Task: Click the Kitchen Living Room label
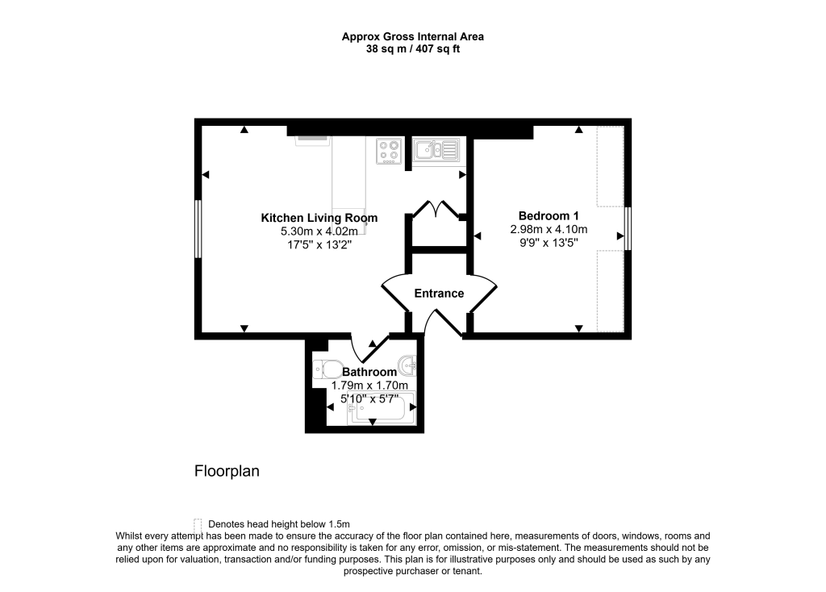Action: pyautogui.click(x=319, y=218)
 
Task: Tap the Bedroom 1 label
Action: pyautogui.click(x=549, y=215)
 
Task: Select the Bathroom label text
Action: pyautogui.click(x=369, y=372)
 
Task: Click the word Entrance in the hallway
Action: pyautogui.click(x=439, y=294)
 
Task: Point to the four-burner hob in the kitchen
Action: pyautogui.click(x=390, y=151)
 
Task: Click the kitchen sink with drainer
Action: pyautogui.click(x=435, y=149)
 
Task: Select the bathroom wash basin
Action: pyautogui.click(x=409, y=367)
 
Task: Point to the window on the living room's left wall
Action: pyautogui.click(x=198, y=229)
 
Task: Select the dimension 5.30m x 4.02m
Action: pyautogui.click(x=319, y=231)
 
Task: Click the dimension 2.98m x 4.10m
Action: pyautogui.click(x=549, y=229)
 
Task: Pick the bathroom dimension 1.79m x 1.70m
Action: pyautogui.click(x=369, y=386)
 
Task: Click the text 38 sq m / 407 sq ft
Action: pyautogui.click(x=412, y=48)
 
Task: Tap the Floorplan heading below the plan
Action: pyautogui.click(x=227, y=471)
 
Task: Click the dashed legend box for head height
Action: pyautogui.click(x=198, y=523)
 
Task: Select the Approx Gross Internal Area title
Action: pyautogui.click(x=412, y=36)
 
